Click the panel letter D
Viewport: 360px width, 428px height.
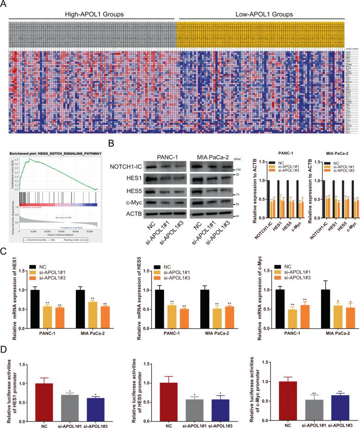click(x=4, y=359)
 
